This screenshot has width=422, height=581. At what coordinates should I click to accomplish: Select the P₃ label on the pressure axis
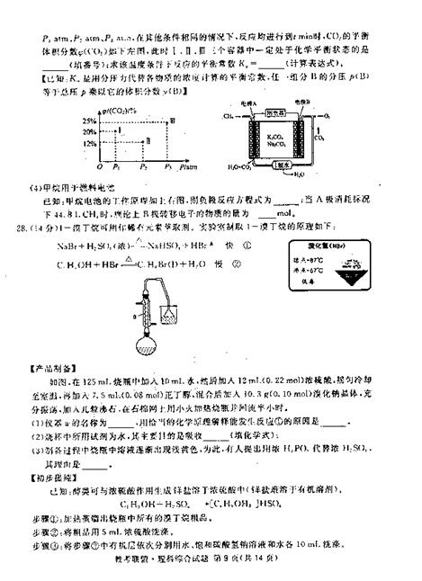(x=142, y=167)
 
